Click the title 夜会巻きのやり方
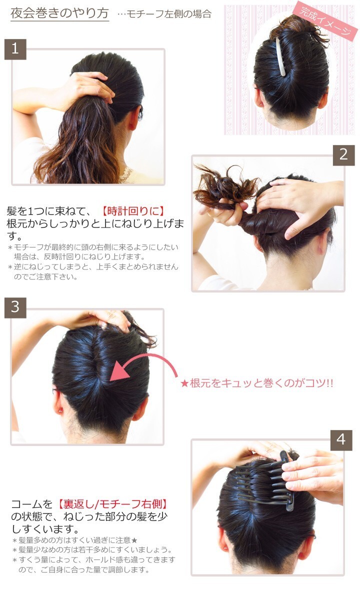[59, 13]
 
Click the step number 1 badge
[15, 49]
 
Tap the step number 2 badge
[343, 155]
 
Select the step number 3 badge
[15, 307]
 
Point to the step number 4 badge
[341, 440]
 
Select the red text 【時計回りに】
[133, 211]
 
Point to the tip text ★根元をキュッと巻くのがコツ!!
[257, 383]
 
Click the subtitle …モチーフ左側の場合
[164, 14]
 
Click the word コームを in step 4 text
[32, 504]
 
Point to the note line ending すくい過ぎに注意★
[75, 540]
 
